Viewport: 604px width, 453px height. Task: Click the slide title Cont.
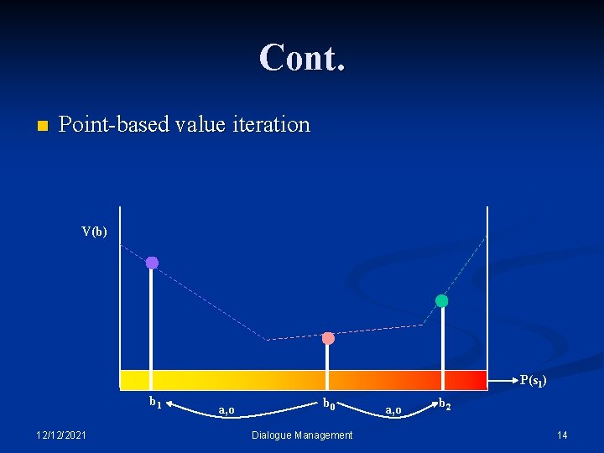click(x=302, y=58)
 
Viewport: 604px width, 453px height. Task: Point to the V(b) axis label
click(x=94, y=232)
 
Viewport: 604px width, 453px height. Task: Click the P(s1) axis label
click(x=534, y=381)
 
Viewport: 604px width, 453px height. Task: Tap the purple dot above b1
click(x=152, y=263)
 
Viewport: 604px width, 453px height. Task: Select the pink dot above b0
click(x=328, y=338)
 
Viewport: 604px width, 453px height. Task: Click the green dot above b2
click(x=441, y=300)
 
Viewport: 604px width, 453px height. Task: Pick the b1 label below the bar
click(x=156, y=402)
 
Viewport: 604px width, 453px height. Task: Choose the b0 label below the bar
click(x=331, y=404)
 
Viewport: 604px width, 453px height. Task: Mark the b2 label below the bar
click(x=445, y=405)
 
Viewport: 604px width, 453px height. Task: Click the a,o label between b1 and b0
click(x=226, y=409)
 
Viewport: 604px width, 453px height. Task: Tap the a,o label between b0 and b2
click(x=393, y=409)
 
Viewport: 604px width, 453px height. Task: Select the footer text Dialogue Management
click(x=302, y=435)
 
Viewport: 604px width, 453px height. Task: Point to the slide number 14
click(x=562, y=435)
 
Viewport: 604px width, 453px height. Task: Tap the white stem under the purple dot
click(x=151, y=319)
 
